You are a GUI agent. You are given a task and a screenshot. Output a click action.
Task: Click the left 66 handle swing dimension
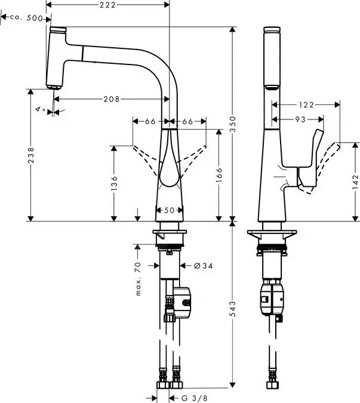point(150,122)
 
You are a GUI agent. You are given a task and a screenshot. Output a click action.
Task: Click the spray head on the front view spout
point(57,57)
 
